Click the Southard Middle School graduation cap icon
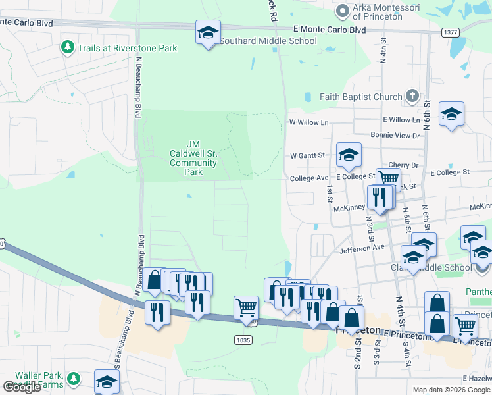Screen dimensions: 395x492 208,32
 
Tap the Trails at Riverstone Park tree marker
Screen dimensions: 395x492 67,47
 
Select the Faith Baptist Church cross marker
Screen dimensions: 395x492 412,97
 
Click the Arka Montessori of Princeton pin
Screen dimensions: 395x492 341,11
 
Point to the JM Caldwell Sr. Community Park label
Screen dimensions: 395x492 193,158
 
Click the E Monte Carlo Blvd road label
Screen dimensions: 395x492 329,30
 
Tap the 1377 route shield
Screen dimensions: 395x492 451,32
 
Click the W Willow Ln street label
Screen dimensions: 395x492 308,122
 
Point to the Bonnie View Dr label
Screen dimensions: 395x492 395,136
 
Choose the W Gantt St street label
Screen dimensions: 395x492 308,156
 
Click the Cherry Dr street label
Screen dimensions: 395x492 404,165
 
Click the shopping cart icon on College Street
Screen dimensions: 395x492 388,178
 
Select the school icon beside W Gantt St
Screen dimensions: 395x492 349,155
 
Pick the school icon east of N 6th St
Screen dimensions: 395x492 451,115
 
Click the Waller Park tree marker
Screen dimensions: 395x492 74,379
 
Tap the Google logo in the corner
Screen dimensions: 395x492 22,387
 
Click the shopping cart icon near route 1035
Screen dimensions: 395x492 246,307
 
